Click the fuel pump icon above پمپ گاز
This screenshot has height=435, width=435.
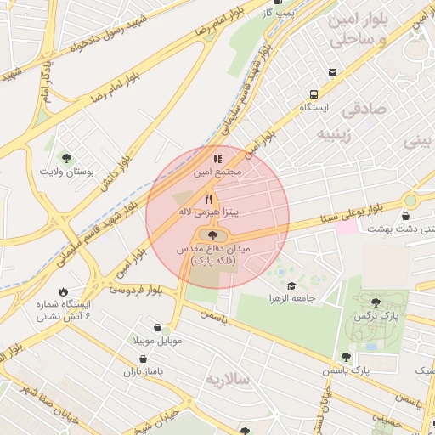[289, 3]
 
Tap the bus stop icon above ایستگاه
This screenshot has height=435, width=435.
[314, 94]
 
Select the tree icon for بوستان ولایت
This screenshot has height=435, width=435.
[67, 157]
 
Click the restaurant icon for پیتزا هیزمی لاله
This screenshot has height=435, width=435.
[208, 198]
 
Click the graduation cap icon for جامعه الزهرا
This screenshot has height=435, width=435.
[291, 286]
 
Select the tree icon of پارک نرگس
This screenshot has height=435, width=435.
[376, 301]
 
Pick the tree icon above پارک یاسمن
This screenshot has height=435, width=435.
[345, 357]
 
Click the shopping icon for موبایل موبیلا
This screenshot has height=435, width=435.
[157, 327]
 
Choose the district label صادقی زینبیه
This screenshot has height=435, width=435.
[364, 121]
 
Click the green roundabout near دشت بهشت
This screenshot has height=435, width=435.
[410, 201]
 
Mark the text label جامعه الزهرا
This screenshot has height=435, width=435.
[291, 300]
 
